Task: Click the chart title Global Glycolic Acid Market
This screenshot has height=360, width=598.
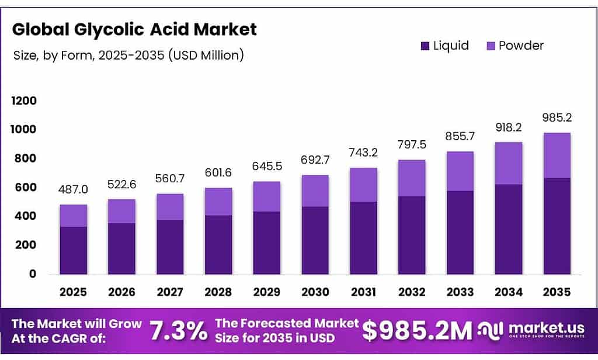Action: [134, 29]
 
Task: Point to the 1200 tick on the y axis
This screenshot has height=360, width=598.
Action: [24, 101]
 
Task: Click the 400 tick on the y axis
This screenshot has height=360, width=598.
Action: [24, 216]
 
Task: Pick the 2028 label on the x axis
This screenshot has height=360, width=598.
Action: [219, 292]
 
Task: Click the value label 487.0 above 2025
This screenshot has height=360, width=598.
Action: [74, 190]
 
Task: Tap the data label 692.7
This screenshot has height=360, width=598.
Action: [315, 160]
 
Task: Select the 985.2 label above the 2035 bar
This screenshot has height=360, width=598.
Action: [557, 117]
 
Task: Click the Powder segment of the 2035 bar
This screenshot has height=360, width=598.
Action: [557, 155]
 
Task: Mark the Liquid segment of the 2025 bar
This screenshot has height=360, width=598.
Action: [74, 250]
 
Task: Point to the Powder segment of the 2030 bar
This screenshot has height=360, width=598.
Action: [315, 191]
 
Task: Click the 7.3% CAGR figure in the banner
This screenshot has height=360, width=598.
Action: [179, 331]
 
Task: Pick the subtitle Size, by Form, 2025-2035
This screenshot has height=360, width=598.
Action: [128, 56]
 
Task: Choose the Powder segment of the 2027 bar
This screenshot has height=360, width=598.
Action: [171, 206]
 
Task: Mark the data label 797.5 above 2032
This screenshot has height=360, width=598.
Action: [412, 144]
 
